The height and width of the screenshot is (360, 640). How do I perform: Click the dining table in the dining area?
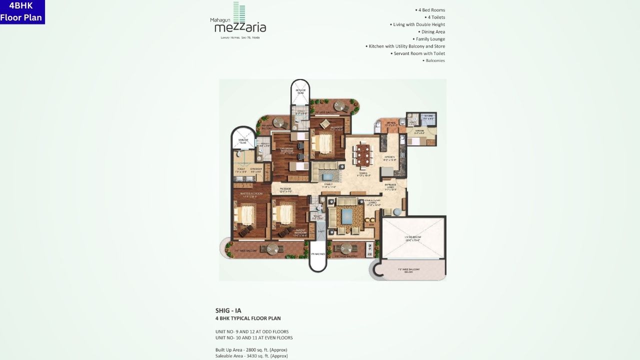pos(363,154)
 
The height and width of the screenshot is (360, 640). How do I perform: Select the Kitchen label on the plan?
pos(389,158)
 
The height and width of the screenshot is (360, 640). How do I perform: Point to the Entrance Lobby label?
pos(390,187)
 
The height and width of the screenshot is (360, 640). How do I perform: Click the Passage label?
pos(286,190)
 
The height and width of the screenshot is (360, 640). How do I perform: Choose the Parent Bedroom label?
pos(300,232)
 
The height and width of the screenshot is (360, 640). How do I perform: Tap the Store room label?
pos(427,118)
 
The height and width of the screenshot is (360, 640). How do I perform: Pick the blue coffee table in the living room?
pos(347,217)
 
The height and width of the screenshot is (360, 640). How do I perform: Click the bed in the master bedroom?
pos(247,215)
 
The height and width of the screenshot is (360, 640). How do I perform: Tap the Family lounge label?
pos(328,185)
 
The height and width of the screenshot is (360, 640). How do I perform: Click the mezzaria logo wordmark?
pos(240,28)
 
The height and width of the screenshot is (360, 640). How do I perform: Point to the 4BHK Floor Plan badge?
pos(22,12)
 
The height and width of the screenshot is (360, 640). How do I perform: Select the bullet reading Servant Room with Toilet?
pos(418,53)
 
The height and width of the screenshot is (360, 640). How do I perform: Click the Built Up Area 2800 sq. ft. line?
pos(251,349)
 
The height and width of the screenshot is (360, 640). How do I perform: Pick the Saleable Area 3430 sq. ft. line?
pos(251,356)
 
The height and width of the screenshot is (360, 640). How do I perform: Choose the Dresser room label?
pos(256,170)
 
